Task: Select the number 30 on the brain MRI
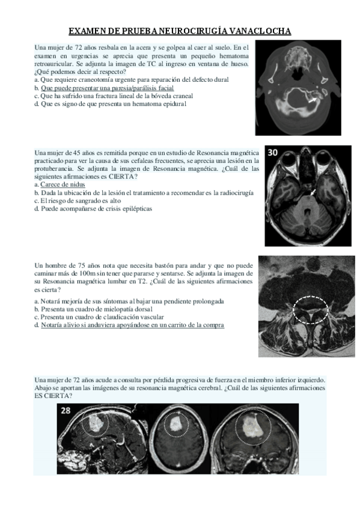(x=273, y=153)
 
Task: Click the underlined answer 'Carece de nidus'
(x=63, y=185)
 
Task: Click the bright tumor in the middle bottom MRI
(x=176, y=425)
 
